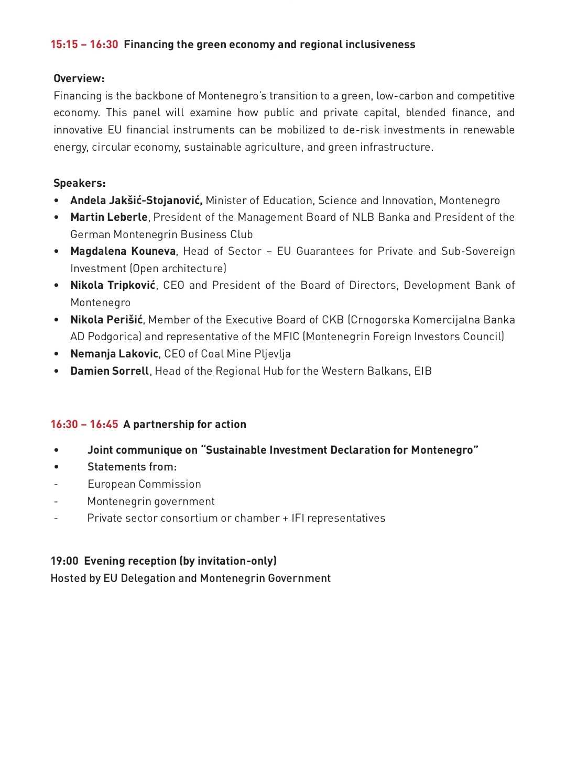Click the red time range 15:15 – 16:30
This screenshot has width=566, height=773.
point(84,44)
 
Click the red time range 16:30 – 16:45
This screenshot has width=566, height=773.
point(84,424)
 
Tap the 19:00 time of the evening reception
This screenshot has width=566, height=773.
point(64,561)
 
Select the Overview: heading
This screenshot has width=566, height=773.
point(79,79)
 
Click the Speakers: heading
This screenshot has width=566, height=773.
point(80,183)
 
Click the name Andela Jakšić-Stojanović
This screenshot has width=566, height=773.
point(136,200)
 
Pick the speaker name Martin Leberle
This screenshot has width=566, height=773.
point(109,217)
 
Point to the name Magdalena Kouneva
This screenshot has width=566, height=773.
point(123,251)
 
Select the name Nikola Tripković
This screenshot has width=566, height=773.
point(113,285)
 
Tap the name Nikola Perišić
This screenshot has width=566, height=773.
point(106,320)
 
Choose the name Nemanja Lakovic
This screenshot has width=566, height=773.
point(114,354)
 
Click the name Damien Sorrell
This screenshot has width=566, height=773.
point(110,371)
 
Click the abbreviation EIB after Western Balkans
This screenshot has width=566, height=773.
point(423,371)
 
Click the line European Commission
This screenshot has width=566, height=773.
point(144,484)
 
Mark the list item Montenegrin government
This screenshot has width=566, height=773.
point(151,501)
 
